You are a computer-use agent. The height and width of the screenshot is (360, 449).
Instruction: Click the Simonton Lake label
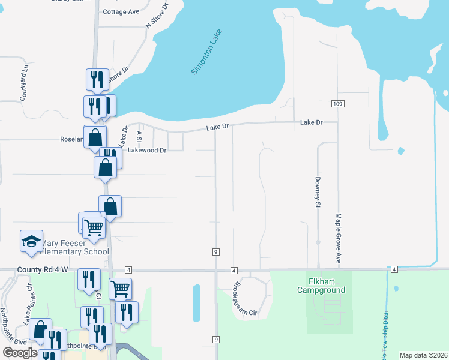click(206, 52)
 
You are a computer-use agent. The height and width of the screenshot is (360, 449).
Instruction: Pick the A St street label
click(139, 137)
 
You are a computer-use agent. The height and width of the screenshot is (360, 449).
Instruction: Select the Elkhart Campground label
click(321, 286)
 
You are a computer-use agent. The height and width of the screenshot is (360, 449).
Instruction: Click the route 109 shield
click(337, 104)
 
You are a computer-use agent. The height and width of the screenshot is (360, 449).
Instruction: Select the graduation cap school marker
click(31, 242)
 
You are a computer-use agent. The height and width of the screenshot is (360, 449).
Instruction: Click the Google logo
click(20, 353)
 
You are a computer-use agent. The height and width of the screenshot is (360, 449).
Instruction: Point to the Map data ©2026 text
click(424, 355)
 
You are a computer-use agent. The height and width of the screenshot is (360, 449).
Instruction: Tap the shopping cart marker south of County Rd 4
click(120, 289)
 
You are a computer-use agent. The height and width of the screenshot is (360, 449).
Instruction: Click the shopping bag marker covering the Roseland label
click(95, 137)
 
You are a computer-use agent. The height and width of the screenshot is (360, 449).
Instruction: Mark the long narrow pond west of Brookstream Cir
click(197, 303)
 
